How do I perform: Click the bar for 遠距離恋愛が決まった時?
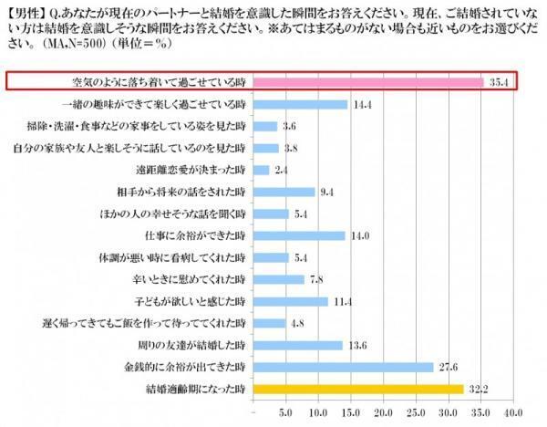tap(260, 170)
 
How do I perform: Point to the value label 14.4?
tap(363, 105)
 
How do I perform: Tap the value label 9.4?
tap(327, 192)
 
